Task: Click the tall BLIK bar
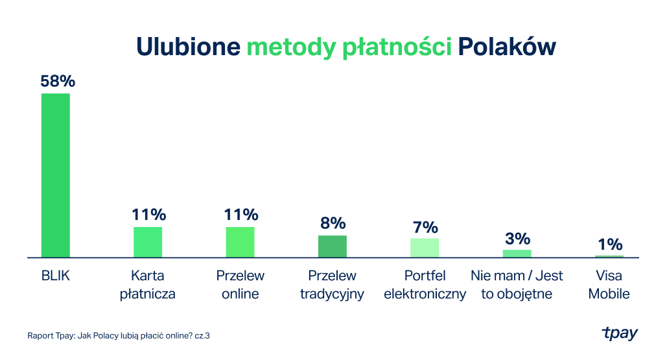(55, 175)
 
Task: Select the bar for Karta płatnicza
(148, 242)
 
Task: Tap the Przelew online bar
(240, 242)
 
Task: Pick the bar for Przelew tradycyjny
(333, 246)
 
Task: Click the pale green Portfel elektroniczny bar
(425, 248)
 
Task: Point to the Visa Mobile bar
(609, 256)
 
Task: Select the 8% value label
(333, 223)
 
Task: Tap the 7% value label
(425, 227)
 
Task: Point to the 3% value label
(517, 238)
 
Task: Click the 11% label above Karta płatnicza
(148, 215)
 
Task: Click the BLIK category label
(55, 276)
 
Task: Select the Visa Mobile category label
(609, 285)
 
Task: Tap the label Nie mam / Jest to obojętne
(517, 285)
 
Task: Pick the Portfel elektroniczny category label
(425, 285)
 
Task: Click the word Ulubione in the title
(188, 47)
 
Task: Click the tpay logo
(620, 333)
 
